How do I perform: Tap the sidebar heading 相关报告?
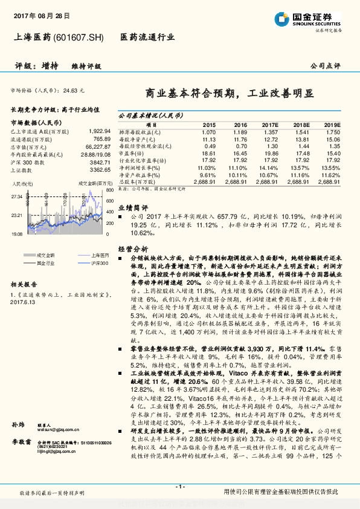point(24,284)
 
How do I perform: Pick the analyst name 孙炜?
point(18,426)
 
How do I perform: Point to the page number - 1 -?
point(179,487)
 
